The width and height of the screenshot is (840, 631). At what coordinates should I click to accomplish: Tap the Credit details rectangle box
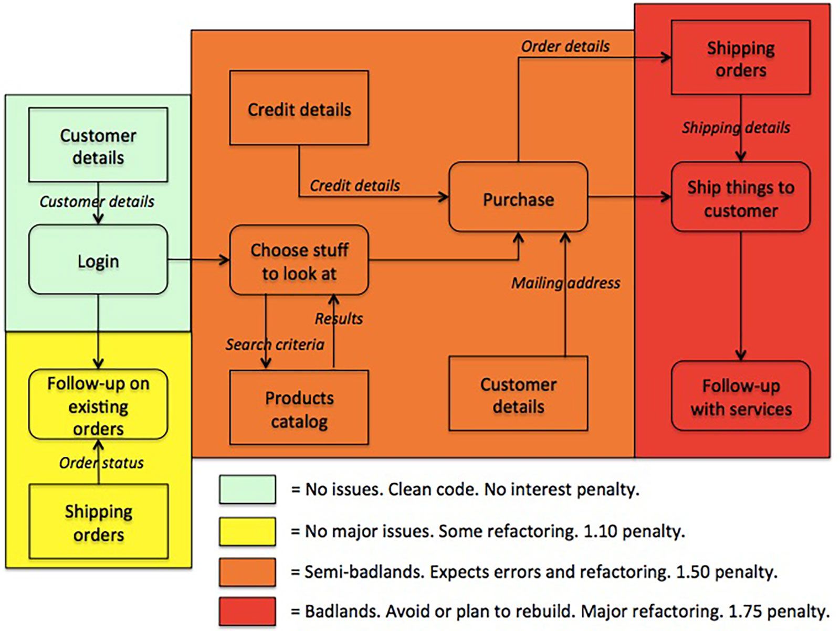(299, 108)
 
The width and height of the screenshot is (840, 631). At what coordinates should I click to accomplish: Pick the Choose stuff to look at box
(299, 260)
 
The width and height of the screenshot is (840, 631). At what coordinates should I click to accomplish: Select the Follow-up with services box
(740, 396)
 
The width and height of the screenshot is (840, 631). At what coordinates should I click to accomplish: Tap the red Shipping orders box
(740, 58)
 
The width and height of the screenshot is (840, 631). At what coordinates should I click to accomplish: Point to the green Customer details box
(98, 145)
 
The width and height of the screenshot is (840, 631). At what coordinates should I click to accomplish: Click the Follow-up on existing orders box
(98, 404)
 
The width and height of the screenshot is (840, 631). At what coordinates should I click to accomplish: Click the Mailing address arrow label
(565, 283)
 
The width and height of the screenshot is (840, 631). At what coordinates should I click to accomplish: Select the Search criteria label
(275, 345)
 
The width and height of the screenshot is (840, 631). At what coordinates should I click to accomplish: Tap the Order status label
(101, 463)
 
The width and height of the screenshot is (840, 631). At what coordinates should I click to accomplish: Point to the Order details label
(565, 47)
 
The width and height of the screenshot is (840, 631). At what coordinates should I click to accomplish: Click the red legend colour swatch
(247, 612)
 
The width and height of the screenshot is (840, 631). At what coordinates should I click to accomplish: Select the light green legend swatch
(247, 489)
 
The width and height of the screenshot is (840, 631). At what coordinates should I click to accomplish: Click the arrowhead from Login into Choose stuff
(225, 260)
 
